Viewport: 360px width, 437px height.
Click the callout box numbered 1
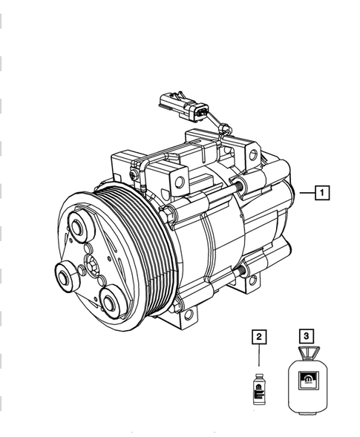coord(322,194)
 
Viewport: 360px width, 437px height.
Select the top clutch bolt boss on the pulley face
coord(76,228)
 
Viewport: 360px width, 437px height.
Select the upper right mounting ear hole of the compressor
coord(253,155)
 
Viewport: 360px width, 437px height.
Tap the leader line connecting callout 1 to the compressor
coord(306,194)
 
